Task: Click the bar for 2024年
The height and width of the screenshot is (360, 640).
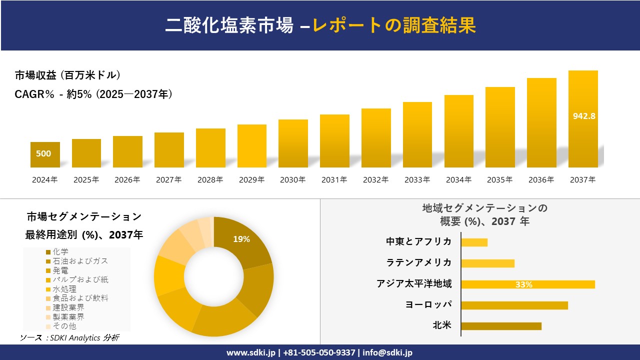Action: click(x=45, y=155)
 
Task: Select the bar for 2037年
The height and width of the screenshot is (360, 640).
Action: click(x=583, y=120)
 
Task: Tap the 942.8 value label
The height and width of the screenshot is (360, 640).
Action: click(x=583, y=116)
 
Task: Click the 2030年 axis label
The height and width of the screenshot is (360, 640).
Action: click(x=292, y=180)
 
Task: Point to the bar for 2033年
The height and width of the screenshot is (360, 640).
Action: click(x=417, y=135)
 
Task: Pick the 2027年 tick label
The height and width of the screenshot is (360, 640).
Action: click(x=168, y=180)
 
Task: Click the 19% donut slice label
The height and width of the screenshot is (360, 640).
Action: click(x=241, y=239)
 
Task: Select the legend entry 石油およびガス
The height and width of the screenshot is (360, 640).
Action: click(x=80, y=261)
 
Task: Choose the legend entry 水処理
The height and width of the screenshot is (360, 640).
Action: click(x=64, y=289)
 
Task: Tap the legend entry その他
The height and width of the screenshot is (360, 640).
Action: click(x=64, y=326)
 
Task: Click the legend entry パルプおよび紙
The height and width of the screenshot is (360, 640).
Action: click(x=80, y=279)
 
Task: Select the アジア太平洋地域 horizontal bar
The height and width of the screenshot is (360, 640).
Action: click(x=527, y=284)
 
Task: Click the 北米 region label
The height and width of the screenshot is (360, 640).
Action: click(x=442, y=325)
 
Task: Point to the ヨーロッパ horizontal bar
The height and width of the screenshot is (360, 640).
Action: click(x=514, y=305)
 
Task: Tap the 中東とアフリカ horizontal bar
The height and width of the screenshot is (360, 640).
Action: click(x=474, y=242)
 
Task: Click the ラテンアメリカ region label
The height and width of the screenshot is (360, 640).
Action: click(x=419, y=262)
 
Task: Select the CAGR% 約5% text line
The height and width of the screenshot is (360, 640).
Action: click(x=94, y=94)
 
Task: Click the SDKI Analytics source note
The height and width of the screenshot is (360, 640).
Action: click(x=69, y=338)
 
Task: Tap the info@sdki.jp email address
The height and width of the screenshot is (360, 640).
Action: click(x=387, y=352)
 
